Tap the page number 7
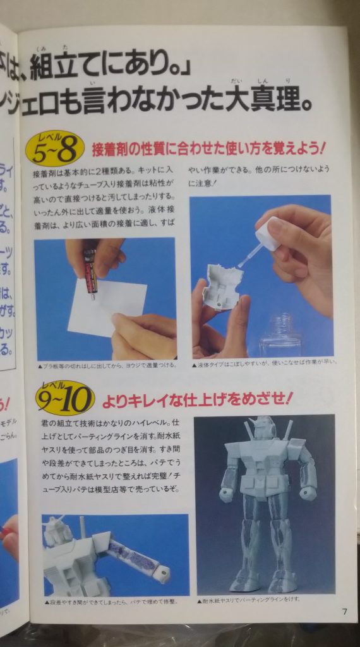pyautogui.click(x=344, y=611)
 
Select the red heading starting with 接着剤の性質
pyautogui.click(x=208, y=150)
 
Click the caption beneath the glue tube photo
pyautogui.click(x=105, y=365)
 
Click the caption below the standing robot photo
pyautogui.click(x=251, y=598)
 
